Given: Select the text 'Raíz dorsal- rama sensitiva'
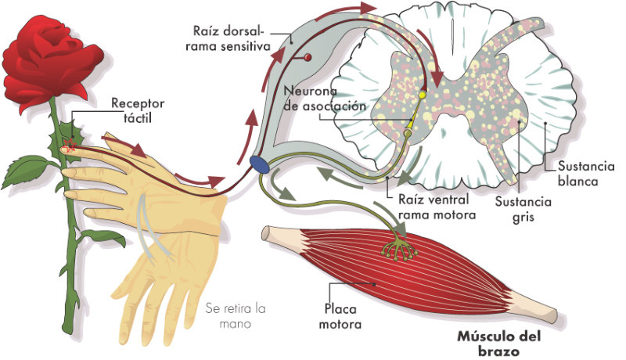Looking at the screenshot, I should click(x=229, y=39).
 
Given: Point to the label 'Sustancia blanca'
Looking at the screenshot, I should click(x=577, y=174).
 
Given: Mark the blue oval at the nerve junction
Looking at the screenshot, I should click(x=260, y=164).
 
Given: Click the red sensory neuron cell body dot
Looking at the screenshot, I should click(x=308, y=58).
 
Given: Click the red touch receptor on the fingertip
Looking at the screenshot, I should click(x=70, y=146).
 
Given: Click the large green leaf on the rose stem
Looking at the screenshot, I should click(x=30, y=167).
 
